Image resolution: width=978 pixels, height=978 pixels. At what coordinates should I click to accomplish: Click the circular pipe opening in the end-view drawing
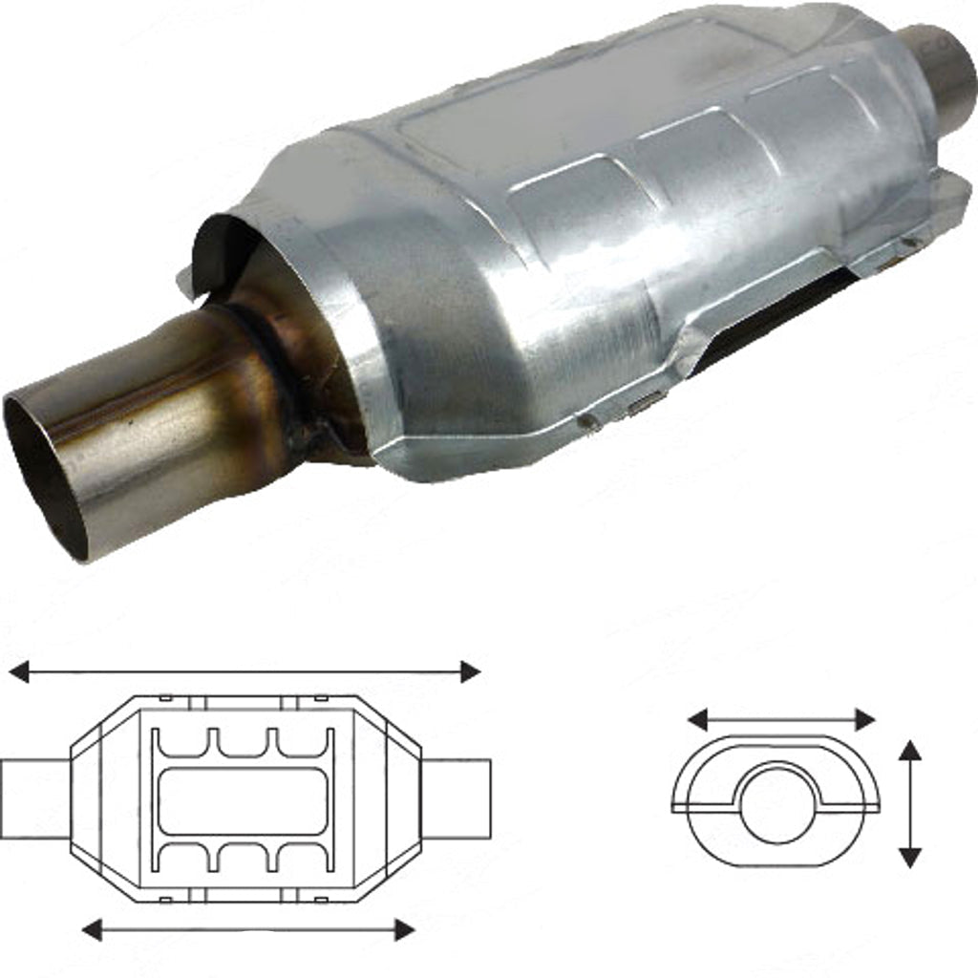point(776,803)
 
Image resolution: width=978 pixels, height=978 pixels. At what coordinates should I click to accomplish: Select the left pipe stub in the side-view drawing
point(34,798)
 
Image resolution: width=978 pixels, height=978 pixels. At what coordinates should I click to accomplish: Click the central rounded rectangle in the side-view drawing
point(243,799)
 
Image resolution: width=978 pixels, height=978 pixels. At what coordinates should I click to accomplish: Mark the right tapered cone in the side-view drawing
point(387,798)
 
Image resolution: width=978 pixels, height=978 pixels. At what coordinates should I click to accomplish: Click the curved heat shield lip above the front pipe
point(224,244)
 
